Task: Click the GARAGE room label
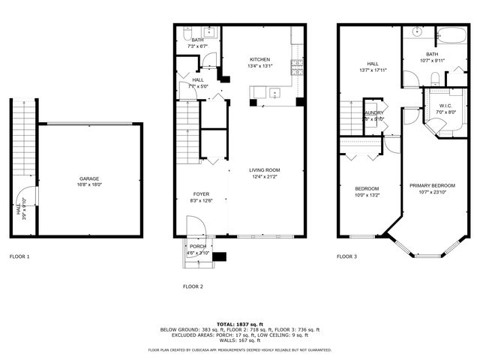click(x=90, y=178)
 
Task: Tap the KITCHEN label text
click(x=260, y=59)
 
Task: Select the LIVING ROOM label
click(x=265, y=170)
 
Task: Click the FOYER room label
click(x=200, y=193)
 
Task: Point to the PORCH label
click(x=198, y=246)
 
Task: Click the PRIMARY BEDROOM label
click(x=432, y=184)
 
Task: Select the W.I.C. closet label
click(x=445, y=106)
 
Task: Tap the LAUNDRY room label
click(x=373, y=112)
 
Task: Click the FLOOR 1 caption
click(x=19, y=256)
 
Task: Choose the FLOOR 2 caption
click(x=193, y=286)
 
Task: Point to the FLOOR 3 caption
click(x=346, y=256)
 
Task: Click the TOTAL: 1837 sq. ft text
click(x=239, y=323)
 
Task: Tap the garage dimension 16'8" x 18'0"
click(x=90, y=184)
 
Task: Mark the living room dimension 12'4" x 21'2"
click(x=265, y=177)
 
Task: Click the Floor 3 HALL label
click(x=373, y=64)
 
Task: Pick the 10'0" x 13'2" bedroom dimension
click(x=367, y=195)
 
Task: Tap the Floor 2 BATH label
click(x=197, y=40)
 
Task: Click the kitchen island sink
click(x=275, y=93)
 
